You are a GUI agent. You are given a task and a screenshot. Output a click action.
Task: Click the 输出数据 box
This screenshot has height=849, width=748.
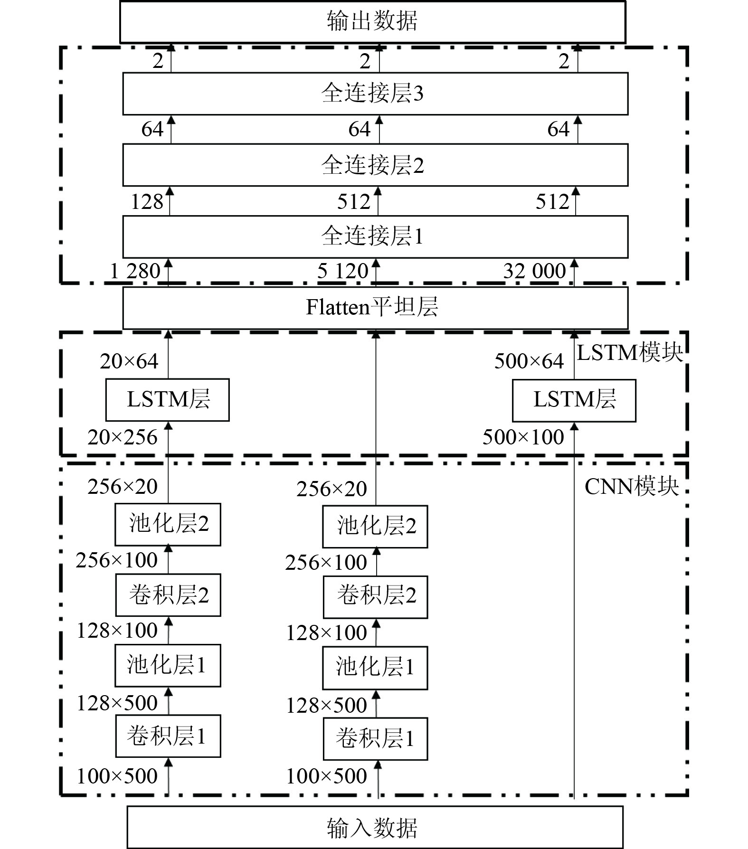click(x=372, y=22)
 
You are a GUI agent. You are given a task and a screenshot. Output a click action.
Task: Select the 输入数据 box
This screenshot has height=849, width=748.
click(x=375, y=827)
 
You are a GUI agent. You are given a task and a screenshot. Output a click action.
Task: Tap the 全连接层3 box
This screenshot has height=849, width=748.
click(x=375, y=94)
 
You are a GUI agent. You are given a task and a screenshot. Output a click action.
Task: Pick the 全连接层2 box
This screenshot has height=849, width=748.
click(x=375, y=165)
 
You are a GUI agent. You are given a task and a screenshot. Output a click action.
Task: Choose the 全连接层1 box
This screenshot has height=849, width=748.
click(x=375, y=236)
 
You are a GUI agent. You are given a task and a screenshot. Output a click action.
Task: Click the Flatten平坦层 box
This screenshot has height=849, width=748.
click(x=375, y=307)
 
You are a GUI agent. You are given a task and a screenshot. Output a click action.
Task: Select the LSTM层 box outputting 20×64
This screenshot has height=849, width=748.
click(x=167, y=399)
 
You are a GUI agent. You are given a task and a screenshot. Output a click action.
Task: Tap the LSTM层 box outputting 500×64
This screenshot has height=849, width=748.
click(x=574, y=400)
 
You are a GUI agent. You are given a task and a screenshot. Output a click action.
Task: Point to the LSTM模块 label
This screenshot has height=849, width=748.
click(x=630, y=353)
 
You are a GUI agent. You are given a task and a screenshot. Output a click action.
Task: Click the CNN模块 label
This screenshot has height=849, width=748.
click(x=632, y=487)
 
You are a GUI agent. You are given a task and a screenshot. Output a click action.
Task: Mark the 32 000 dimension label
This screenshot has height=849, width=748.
click(x=534, y=272)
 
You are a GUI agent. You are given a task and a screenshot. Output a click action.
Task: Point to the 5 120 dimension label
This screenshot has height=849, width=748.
click(x=342, y=272)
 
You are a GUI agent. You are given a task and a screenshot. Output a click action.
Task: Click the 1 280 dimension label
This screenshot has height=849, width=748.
click(x=135, y=272)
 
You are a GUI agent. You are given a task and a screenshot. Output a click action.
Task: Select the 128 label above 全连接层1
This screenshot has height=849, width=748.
click(x=147, y=202)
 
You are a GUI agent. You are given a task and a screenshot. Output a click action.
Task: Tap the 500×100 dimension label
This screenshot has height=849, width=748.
click(x=523, y=437)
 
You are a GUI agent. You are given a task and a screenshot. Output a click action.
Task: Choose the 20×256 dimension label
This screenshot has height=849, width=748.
click(x=122, y=437)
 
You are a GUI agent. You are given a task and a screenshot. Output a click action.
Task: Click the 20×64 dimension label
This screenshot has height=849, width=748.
click(x=129, y=361)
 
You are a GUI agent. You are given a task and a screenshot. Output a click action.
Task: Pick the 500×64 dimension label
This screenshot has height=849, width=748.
click(x=529, y=361)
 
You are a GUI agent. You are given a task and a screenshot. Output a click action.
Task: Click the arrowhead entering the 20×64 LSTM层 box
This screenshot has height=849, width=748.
click(x=168, y=426)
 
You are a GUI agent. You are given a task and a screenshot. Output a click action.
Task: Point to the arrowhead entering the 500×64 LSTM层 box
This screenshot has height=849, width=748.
click(x=574, y=426)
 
